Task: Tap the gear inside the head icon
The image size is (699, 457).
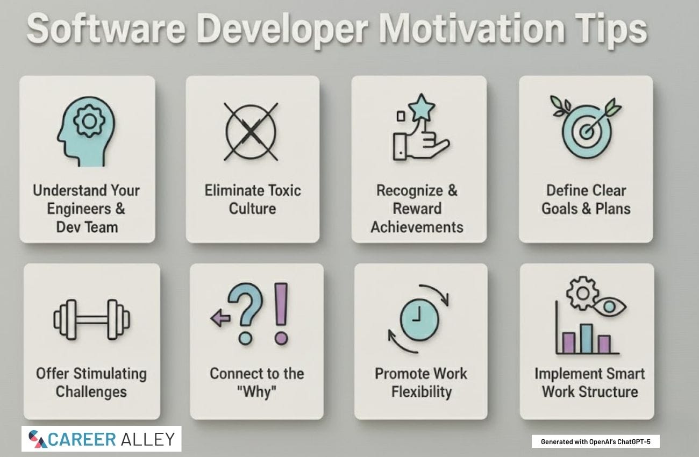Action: [x=89, y=121]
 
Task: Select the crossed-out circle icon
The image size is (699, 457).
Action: [x=251, y=132]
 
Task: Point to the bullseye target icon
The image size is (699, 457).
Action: [x=586, y=128]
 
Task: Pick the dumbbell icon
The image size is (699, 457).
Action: [x=91, y=319]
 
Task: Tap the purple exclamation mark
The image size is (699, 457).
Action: [x=281, y=313]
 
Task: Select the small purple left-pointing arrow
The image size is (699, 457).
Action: [x=220, y=318]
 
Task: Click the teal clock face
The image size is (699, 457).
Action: [x=419, y=319]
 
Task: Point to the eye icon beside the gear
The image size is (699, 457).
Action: [x=609, y=307]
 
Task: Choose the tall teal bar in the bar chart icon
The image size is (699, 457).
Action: [x=586, y=339]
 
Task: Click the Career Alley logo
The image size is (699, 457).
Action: [x=102, y=439]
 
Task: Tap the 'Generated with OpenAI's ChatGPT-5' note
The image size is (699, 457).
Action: [x=595, y=442]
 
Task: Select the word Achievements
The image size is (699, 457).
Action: [x=417, y=227]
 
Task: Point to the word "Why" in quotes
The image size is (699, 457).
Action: [x=257, y=392]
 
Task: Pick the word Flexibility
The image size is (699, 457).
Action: [x=422, y=392]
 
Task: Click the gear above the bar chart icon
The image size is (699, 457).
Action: [x=582, y=293]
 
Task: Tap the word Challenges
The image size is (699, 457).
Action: [x=91, y=392]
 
